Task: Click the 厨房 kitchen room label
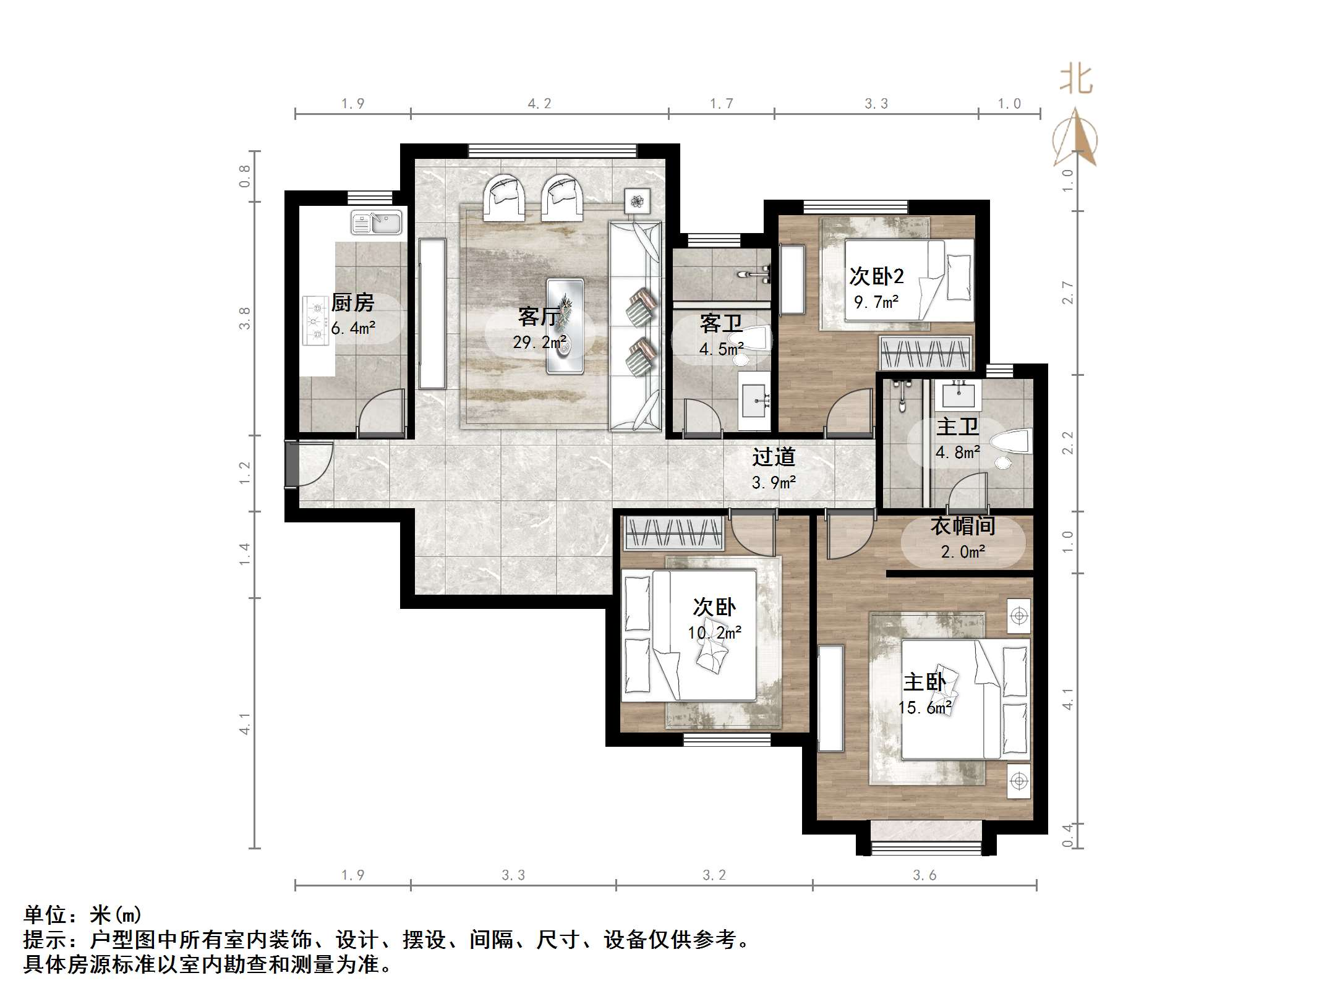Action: coord(352,302)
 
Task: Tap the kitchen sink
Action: coord(377,223)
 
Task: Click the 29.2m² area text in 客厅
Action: coord(540,342)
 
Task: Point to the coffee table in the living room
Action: coord(565,326)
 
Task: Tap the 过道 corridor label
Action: coord(774,457)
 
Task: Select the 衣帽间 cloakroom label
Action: coord(963,526)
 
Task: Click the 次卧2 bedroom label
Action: coord(876,276)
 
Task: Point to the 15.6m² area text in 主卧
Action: coord(925,707)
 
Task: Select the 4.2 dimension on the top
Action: coord(539,104)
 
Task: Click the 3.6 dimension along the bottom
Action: coord(924,875)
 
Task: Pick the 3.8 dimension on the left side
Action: coord(245,318)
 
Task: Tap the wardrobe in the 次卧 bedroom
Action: coord(674,533)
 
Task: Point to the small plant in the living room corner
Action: coord(637,200)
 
